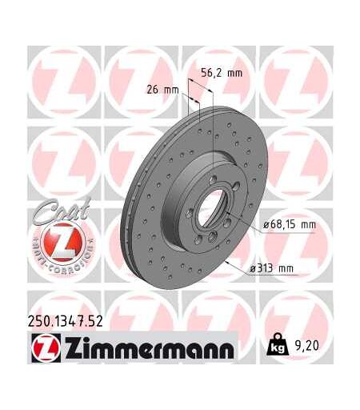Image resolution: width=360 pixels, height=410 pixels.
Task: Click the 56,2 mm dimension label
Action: (222, 73)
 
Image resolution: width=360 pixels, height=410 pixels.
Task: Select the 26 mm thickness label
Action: (162, 90)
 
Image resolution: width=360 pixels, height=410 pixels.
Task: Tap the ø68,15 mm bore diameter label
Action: (290, 224)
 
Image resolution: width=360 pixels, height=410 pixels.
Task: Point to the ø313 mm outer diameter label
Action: (271, 268)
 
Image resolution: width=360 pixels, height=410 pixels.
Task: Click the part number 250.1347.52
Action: (66, 321)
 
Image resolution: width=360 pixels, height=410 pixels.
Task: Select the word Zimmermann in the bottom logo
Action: (149, 348)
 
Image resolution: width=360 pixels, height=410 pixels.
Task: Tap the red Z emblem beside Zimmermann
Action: (46, 348)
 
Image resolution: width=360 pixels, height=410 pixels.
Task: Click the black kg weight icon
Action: (278, 345)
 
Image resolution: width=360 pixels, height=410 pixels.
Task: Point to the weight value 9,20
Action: (307, 346)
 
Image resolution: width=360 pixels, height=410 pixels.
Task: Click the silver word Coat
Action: (62, 210)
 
